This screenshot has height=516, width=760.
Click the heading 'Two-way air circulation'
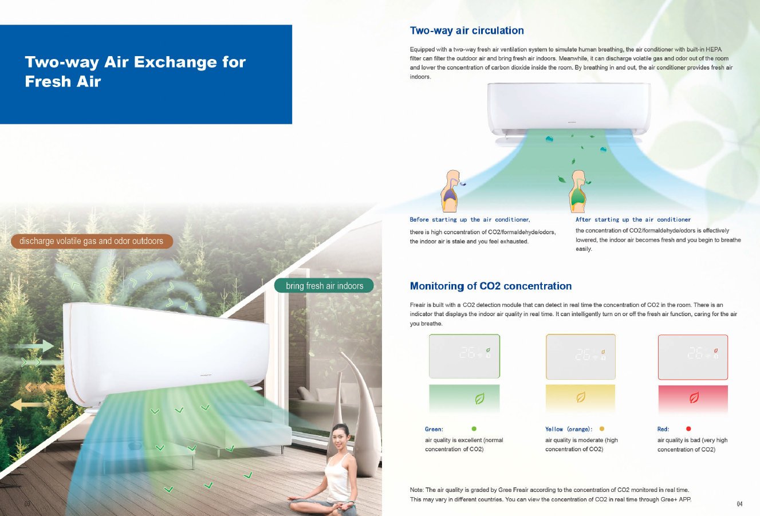[467, 30]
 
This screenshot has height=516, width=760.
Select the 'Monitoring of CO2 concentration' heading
[491, 286]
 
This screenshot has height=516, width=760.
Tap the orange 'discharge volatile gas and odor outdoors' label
[92, 241]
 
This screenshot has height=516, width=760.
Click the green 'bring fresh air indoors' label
[324, 286]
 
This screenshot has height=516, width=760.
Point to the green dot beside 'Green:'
[474, 428]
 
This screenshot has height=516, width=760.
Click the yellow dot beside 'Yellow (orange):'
[601, 428]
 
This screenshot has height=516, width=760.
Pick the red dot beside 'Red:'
[688, 428]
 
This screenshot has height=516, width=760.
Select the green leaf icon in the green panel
[479, 398]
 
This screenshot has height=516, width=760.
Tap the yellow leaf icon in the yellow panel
[581, 397]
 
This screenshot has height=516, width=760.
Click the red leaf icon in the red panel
[694, 397]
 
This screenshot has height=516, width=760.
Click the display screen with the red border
[693, 357]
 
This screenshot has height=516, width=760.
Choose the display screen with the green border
[464, 356]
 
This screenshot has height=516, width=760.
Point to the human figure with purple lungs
[451, 191]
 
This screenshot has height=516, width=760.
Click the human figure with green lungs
[578, 191]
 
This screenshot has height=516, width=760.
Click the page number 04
[739, 504]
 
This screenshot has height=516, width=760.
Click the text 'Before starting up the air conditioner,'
[470, 219]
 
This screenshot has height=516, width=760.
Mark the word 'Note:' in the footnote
[416, 490]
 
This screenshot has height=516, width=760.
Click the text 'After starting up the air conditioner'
[633, 219]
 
